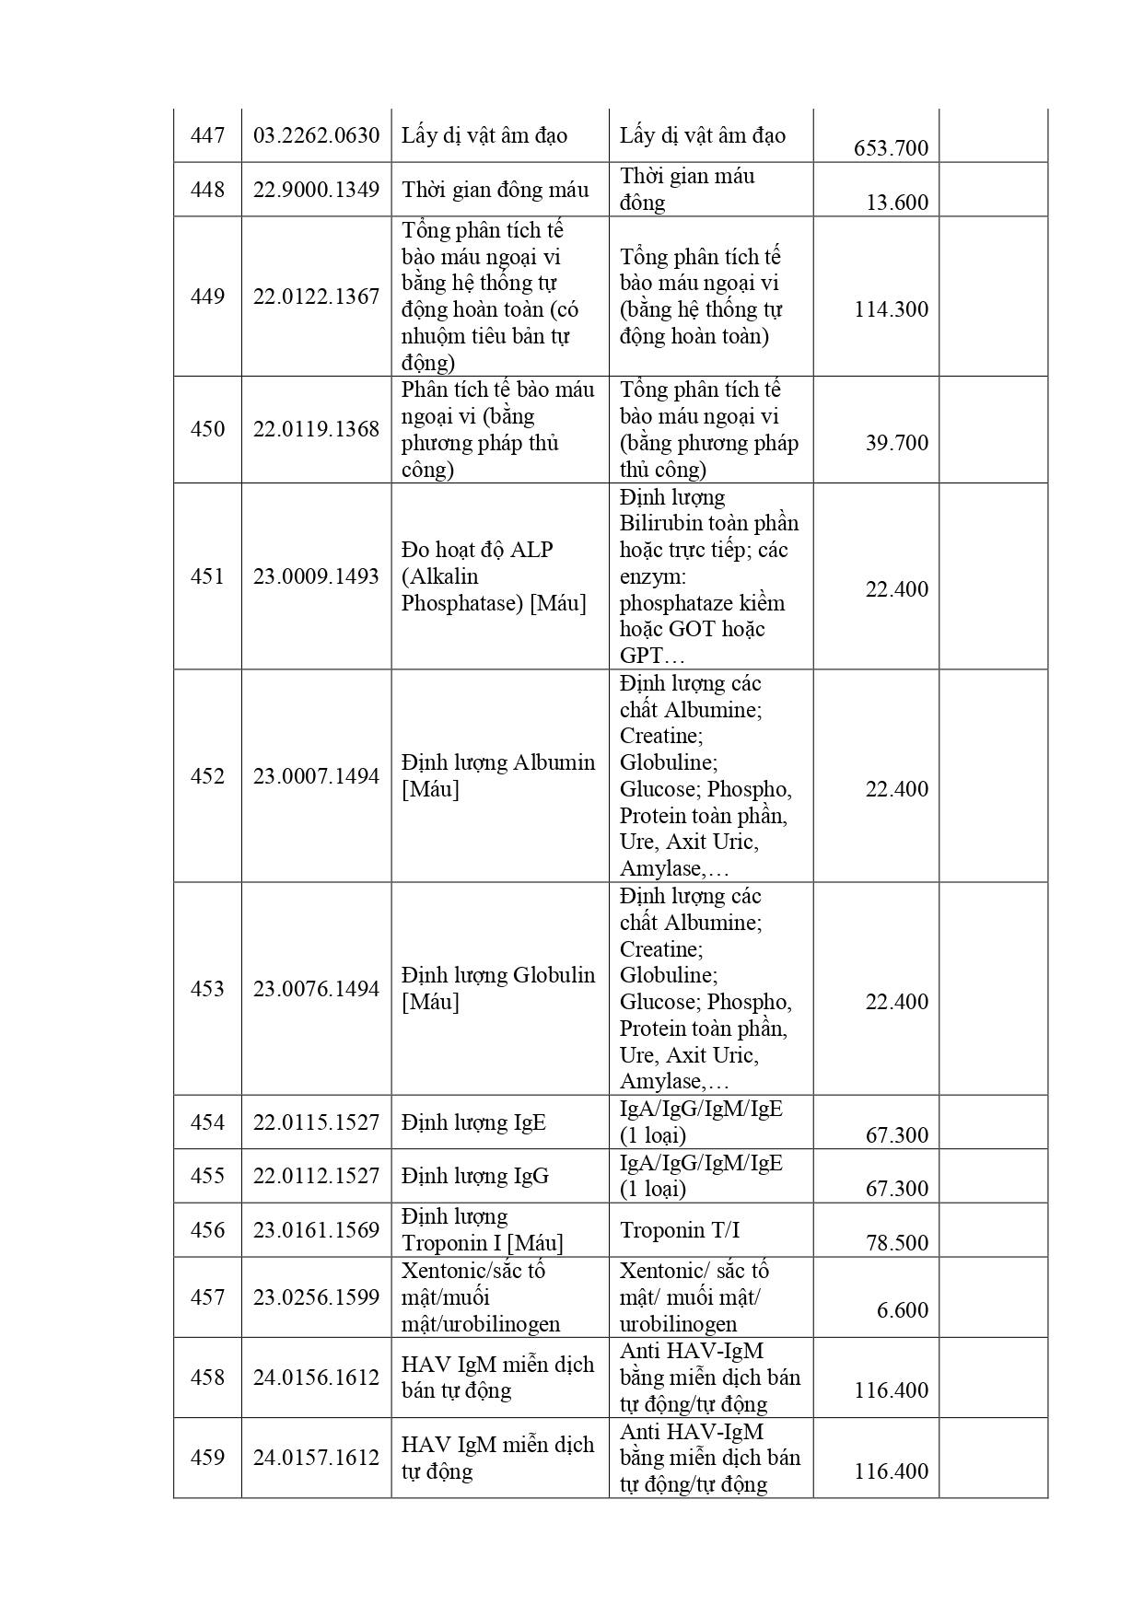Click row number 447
coord(207,136)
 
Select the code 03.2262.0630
coord(316,136)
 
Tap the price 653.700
coord(891,148)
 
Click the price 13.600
coord(897,203)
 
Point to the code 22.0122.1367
coord(316,296)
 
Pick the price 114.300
coord(891,309)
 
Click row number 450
coord(207,429)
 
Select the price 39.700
coord(897,443)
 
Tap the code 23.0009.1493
coord(316,576)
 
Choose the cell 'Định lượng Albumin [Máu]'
coord(498,776)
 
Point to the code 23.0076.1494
coord(316,989)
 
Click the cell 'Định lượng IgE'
coord(473,1122)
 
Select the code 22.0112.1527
coord(316,1176)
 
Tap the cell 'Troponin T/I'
coord(680,1230)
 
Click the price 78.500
coord(897,1243)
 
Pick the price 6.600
coord(903,1310)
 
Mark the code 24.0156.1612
coord(316,1378)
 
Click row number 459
coord(207,1458)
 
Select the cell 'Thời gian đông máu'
coord(496,190)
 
